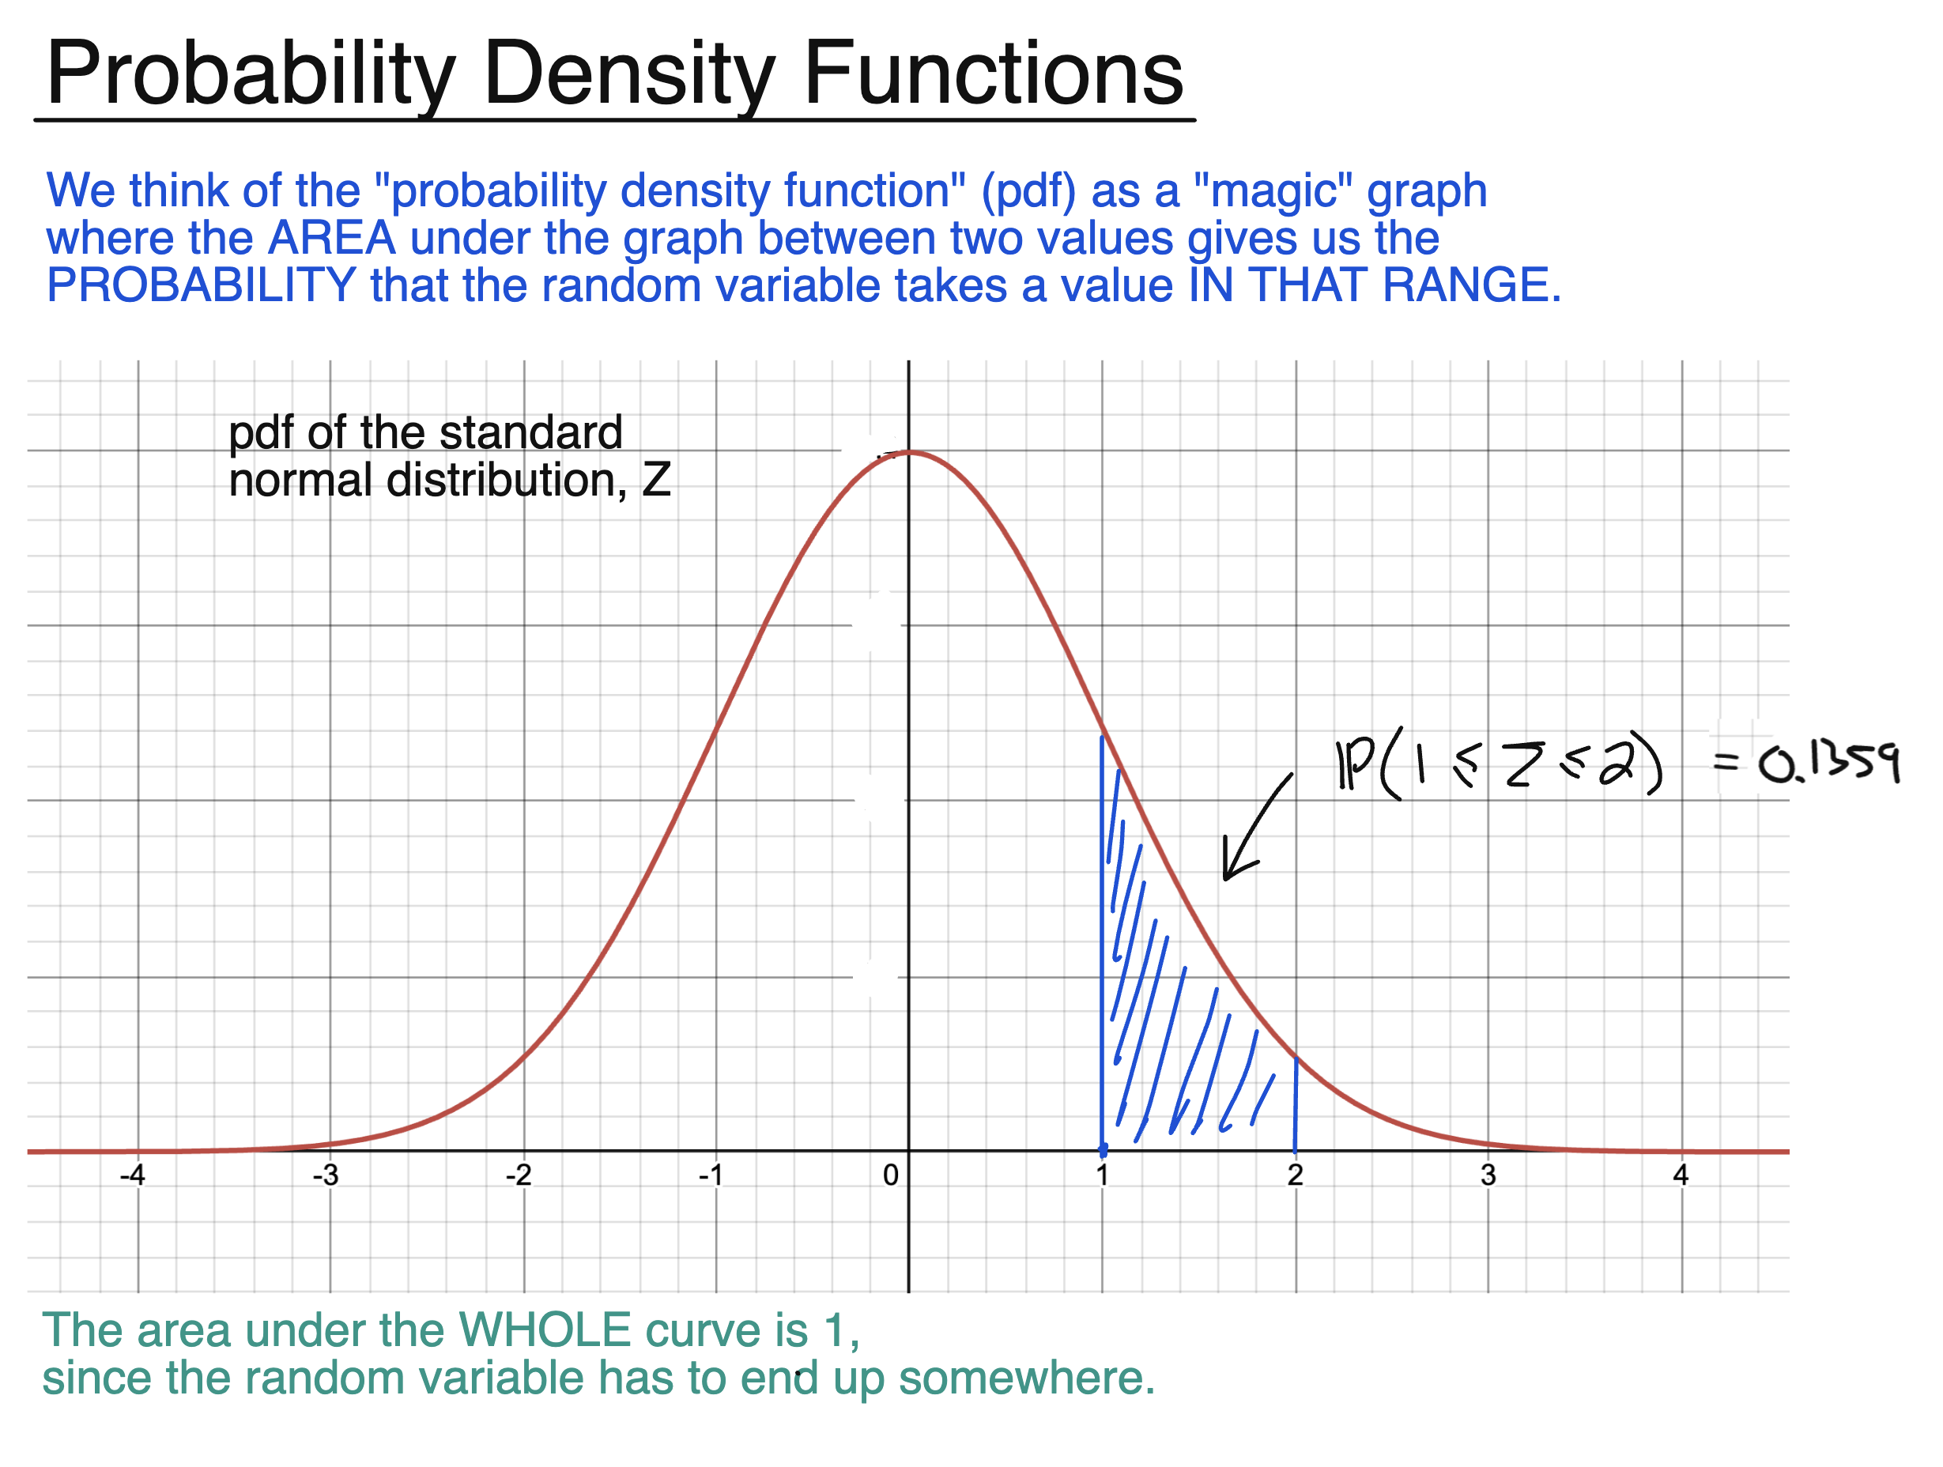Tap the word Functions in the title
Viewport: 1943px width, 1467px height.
pos(993,74)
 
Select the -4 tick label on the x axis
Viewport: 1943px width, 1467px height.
pos(133,1175)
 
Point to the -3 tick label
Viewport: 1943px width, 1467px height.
pos(326,1175)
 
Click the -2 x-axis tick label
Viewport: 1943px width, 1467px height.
pos(519,1175)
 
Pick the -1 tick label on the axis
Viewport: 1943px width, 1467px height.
pos(711,1175)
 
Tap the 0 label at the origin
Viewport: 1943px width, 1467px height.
pos(891,1175)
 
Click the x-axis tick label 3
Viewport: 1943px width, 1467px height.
pos(1488,1175)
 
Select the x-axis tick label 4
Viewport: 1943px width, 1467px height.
pos(1681,1175)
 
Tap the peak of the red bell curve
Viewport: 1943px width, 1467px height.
pos(911,452)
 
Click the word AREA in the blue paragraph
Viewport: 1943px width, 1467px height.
pos(331,238)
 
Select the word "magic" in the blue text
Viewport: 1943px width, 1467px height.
pos(1273,190)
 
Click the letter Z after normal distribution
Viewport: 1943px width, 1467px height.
pos(656,481)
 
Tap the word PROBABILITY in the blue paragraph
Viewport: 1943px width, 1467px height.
pos(200,285)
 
